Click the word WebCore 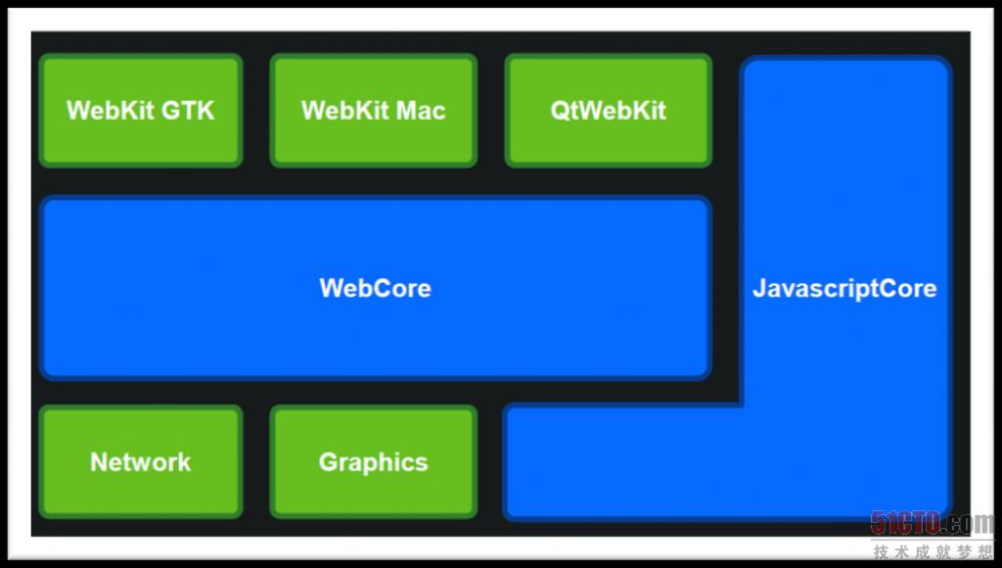tap(375, 288)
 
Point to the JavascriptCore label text tap(843, 288)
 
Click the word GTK tap(188, 110)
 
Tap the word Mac tap(422, 110)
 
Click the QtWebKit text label tap(608, 110)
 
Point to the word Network tap(140, 462)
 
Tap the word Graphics tap(373, 462)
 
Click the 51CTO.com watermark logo tap(932, 523)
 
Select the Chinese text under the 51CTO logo tap(932, 551)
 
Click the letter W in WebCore tap(330, 288)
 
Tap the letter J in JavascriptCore tap(758, 288)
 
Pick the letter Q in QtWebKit tap(559, 110)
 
